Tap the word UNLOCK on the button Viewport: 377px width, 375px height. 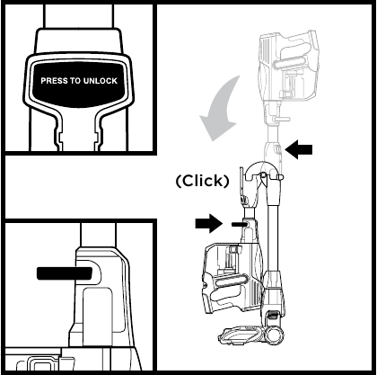pos(101,81)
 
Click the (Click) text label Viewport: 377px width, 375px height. pos(203,181)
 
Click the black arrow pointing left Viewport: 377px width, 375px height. pos(299,149)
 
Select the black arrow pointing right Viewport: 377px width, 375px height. pos(209,223)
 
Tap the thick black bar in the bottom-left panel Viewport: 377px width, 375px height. pos(64,273)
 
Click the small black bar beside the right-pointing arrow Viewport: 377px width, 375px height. pos(239,224)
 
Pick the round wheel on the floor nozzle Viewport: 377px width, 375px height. pos(274,334)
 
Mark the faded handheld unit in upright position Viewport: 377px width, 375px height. pos(288,69)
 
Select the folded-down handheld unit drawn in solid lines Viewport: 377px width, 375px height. pos(232,277)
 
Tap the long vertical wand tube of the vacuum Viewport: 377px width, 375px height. pos(273,237)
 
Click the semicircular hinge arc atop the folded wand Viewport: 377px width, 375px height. pos(261,168)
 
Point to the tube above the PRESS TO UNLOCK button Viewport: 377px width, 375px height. pos(79,16)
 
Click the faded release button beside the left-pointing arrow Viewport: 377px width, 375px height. pos(278,149)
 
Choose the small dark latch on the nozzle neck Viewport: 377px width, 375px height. pos(272,316)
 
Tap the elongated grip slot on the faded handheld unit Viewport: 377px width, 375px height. pos(289,64)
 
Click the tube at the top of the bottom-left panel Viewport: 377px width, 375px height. pos(98,236)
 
